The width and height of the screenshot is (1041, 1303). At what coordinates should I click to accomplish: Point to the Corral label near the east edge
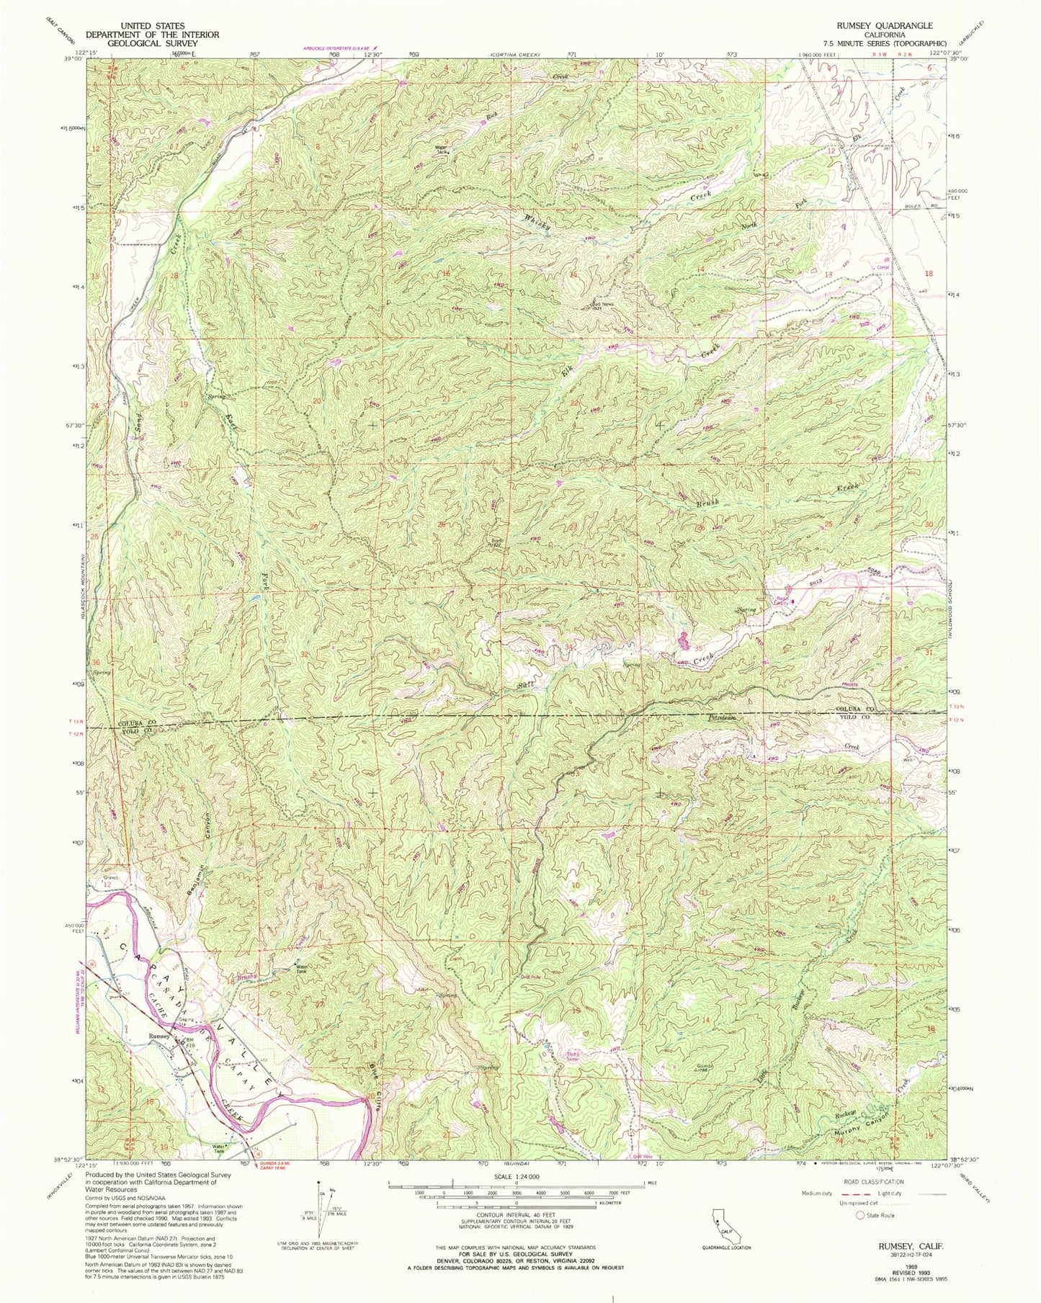883,267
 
